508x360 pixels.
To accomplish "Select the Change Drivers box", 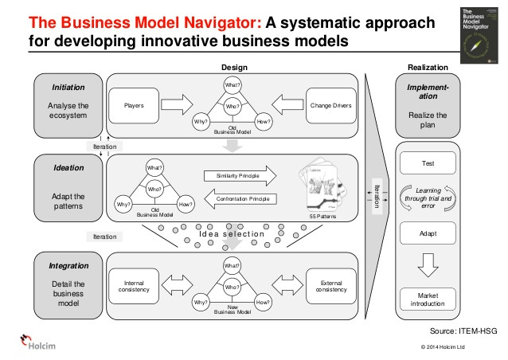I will click(x=330, y=104).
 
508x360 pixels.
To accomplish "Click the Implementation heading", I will click(x=428, y=90).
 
